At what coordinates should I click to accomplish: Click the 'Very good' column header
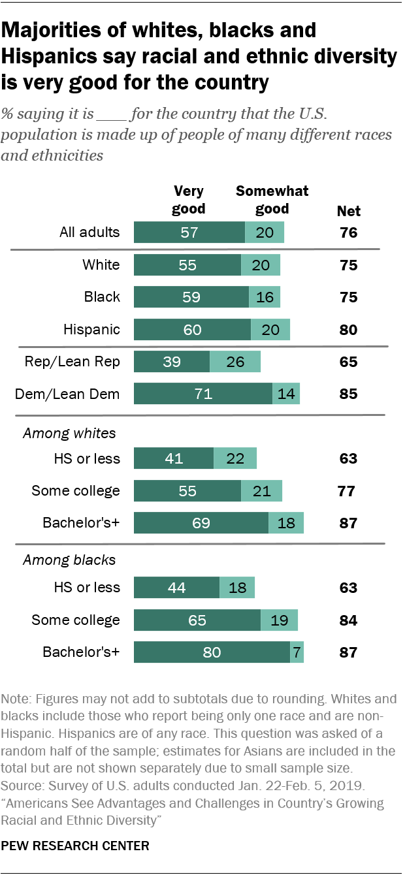[189, 200]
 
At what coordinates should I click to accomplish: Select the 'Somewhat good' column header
[272, 200]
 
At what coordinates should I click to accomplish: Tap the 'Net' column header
[348, 211]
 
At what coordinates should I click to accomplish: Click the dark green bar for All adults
[189, 232]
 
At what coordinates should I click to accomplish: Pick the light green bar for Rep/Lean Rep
[235, 361]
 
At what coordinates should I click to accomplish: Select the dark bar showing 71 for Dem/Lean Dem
[202, 394]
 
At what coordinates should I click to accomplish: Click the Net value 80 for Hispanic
[348, 329]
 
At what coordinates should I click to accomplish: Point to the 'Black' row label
[102, 297]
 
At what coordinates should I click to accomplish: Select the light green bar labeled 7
[297, 652]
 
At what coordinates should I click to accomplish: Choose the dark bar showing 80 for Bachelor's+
[212, 652]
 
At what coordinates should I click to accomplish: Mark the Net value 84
[348, 620]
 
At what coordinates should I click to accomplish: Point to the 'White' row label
[101, 264]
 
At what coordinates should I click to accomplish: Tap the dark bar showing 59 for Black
[191, 297]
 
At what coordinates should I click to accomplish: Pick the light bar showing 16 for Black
[264, 297]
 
